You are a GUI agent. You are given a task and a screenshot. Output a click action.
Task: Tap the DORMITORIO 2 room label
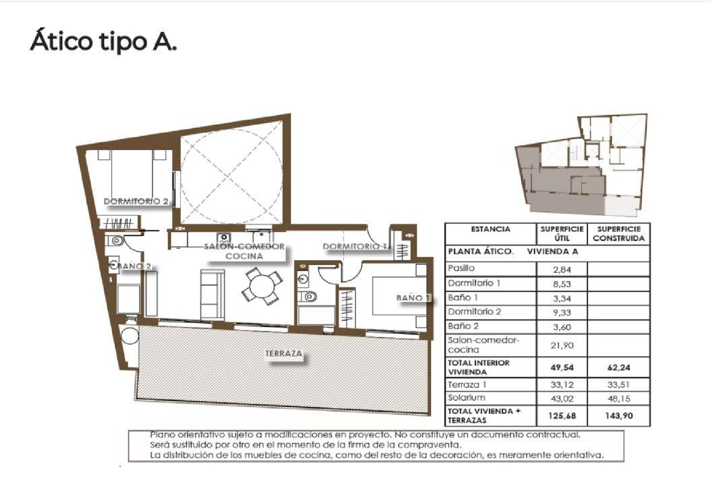coord(136,201)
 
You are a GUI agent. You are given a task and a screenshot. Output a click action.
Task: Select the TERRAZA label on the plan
coord(283,353)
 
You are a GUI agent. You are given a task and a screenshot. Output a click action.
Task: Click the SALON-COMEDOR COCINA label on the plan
coord(244,251)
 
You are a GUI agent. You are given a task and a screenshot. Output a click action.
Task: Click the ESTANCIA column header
coord(491,229)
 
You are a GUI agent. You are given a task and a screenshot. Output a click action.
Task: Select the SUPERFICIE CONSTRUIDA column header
coord(619,234)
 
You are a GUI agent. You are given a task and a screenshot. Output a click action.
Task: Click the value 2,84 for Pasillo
coord(562,269)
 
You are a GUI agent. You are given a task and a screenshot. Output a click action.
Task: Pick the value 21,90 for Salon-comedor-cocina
coord(562,345)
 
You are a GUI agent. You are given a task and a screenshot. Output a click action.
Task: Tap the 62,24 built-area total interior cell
coord(619,368)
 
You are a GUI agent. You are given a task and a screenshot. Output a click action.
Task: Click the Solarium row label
coord(466,398)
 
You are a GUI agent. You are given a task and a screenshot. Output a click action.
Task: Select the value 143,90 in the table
coord(619,416)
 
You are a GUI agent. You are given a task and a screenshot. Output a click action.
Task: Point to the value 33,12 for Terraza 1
coord(562,385)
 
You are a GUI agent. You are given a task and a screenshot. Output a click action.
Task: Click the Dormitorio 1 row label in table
coord(474,283)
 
